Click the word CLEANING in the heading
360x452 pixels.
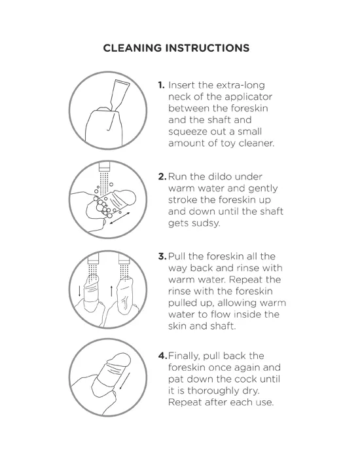[x=132, y=48]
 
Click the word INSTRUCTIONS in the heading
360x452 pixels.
[x=207, y=48]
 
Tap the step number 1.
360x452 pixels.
[x=161, y=85]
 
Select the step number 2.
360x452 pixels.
[x=162, y=176]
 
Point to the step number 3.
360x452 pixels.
[x=162, y=256]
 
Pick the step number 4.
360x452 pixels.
[x=162, y=356]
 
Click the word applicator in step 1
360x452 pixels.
[x=248, y=97]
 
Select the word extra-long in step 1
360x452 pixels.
[x=240, y=86]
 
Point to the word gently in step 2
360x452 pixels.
[x=263, y=189]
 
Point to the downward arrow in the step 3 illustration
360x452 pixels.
[x=79, y=292]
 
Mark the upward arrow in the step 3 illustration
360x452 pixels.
[x=111, y=291]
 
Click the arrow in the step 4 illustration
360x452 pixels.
[x=125, y=381]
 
